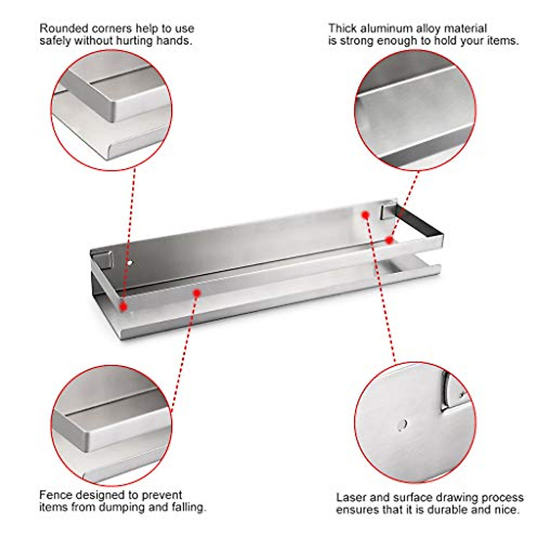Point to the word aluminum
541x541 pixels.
click(x=386, y=29)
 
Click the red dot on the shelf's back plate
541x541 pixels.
click(x=365, y=215)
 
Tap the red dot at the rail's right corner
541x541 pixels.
click(x=389, y=240)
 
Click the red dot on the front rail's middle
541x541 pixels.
click(x=197, y=293)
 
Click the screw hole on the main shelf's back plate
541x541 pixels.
click(x=130, y=263)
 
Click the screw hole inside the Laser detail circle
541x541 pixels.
click(x=402, y=425)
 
